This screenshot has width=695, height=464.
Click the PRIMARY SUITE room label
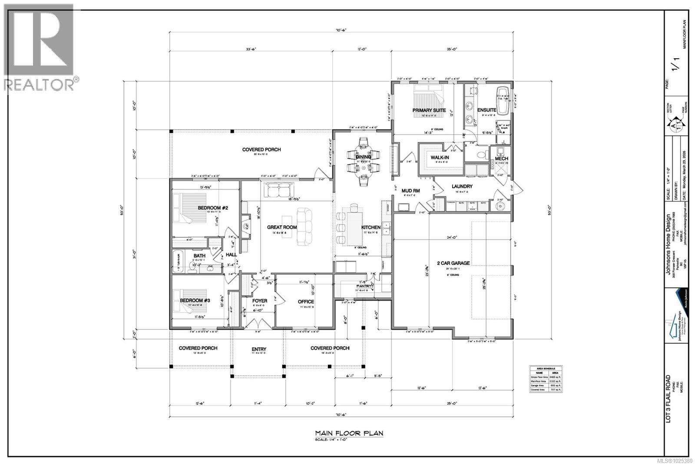coord(429,110)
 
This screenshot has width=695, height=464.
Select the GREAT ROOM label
coord(281,227)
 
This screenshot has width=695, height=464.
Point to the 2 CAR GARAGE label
coord(454,263)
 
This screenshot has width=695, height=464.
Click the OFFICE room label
coord(306,301)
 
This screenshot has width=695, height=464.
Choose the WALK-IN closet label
coord(440,158)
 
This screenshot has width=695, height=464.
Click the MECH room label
coord(501,158)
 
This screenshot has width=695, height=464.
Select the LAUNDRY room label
coord(462,186)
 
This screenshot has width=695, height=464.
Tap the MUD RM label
coord(410,191)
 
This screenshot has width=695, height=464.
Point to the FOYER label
coord(260,300)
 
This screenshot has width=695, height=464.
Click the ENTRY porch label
coord(259,349)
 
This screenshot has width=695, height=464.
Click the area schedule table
coord(546,379)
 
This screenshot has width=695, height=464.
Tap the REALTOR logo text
coord(39,85)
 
